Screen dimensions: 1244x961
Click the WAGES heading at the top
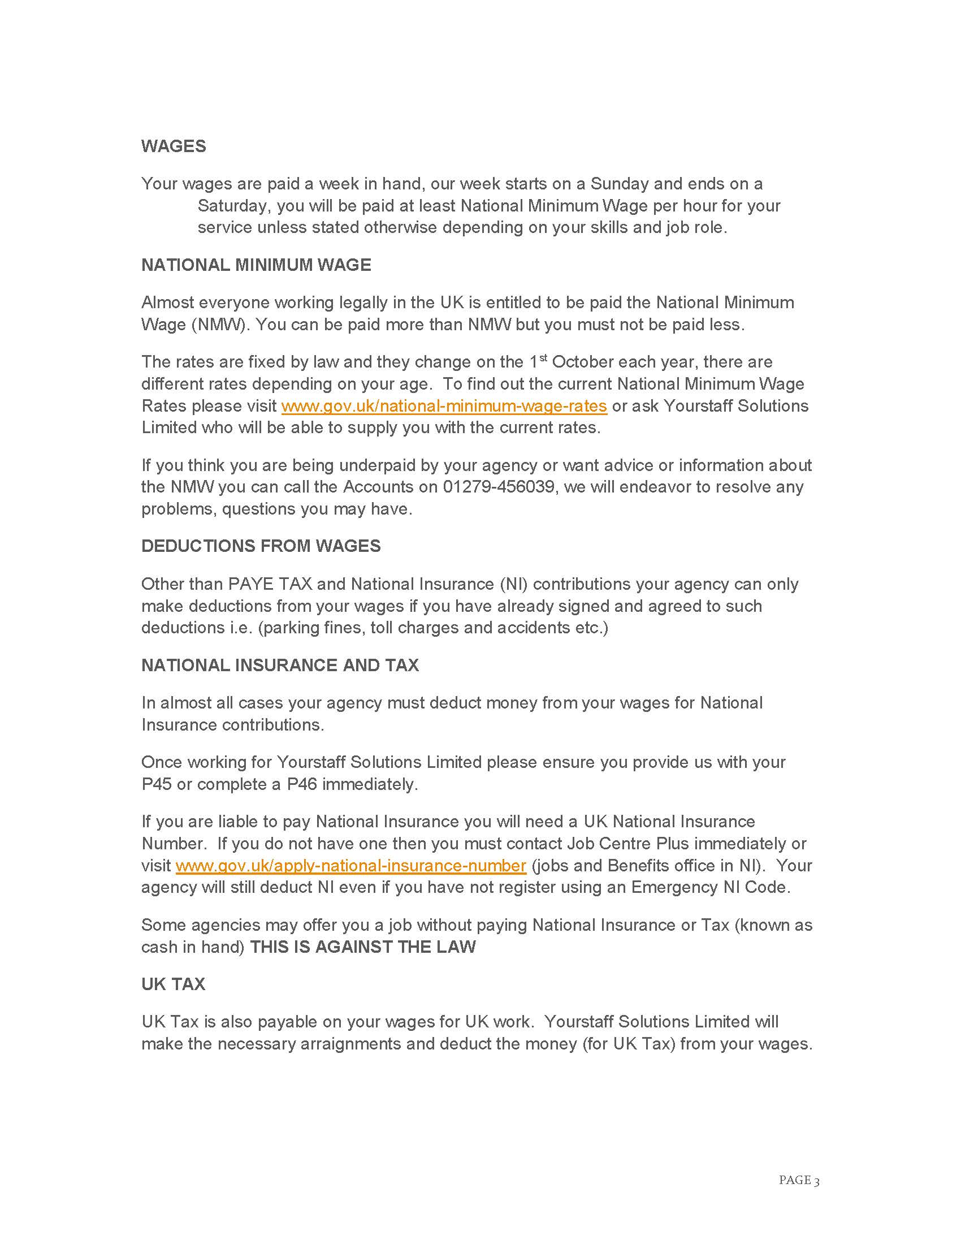click(x=174, y=146)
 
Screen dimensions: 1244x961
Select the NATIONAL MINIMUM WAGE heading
click(x=256, y=265)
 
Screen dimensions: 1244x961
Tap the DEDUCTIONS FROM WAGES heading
click(x=261, y=546)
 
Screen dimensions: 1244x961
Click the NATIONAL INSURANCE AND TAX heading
click(x=280, y=666)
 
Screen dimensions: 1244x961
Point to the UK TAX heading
click(x=173, y=984)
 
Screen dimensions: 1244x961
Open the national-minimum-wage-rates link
click(x=444, y=406)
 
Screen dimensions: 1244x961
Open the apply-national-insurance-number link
click(x=350, y=866)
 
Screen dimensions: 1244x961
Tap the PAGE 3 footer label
click(x=799, y=1180)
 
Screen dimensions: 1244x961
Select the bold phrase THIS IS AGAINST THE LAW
click(x=363, y=947)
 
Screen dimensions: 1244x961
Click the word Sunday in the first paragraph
click(x=620, y=184)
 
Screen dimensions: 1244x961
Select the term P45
click(x=157, y=784)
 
